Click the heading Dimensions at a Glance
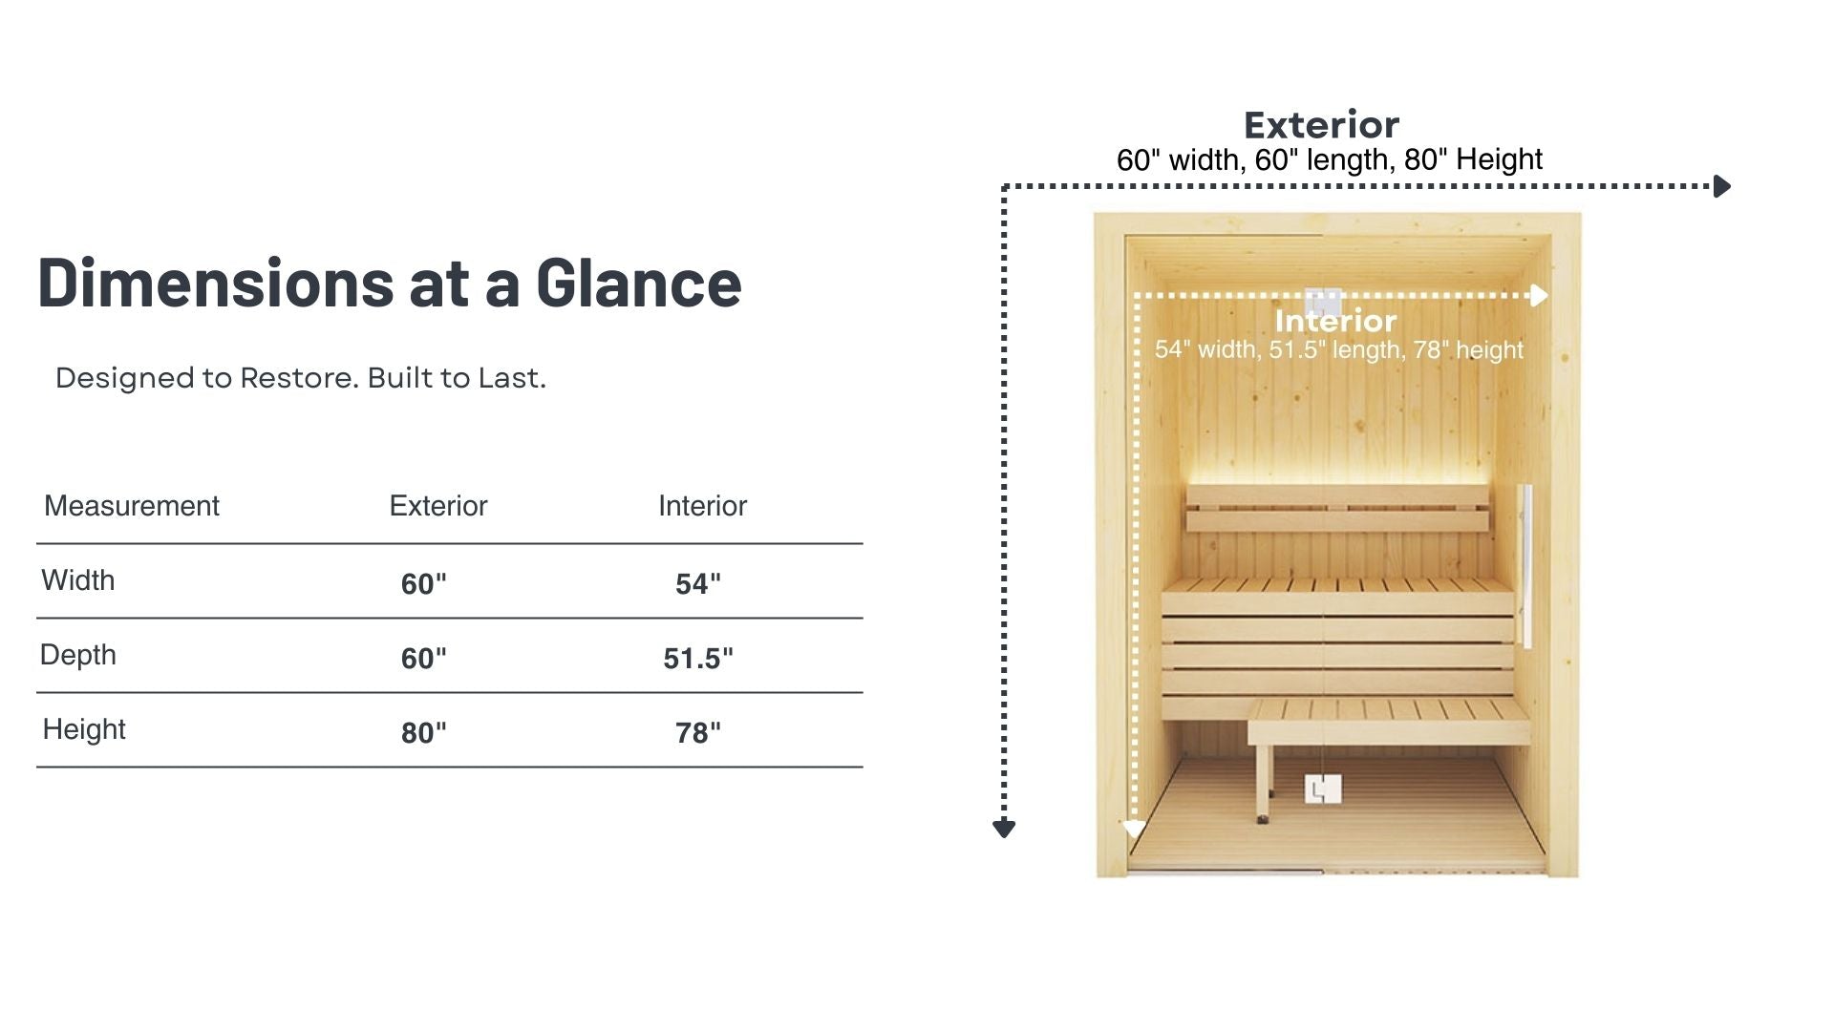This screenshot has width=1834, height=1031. pos(390,283)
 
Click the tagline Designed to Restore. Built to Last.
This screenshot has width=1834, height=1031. pos(301,378)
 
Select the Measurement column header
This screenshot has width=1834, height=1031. pos(132,505)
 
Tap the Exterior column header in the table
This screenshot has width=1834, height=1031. pos(438,505)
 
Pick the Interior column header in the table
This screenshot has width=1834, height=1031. pos(703,505)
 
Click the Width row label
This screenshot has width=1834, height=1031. pos(78,579)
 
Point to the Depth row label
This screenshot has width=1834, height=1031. pos(78,655)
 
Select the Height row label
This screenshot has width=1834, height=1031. pos(84,729)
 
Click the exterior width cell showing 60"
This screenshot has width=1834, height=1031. pos(424,583)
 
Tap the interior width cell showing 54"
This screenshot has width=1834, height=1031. pos(698,583)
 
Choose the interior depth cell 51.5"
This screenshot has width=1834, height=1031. pos(698,658)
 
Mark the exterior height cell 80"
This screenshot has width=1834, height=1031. pos(424,732)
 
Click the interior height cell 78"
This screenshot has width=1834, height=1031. pos(698,732)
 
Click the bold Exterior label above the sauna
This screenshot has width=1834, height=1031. pos(1322,125)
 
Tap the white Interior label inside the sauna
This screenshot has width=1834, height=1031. pos(1335,321)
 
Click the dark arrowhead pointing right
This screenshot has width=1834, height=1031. pos(1722,186)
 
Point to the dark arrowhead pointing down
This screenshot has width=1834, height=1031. pos(1004,829)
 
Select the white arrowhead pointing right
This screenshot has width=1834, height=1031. pos(1539,295)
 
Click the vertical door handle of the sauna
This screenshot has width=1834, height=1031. pos(1525,565)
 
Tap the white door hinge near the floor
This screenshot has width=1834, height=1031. pos(1323,789)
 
